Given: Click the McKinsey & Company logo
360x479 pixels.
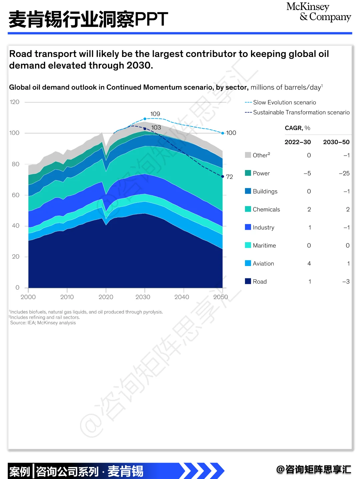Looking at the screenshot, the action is tap(319, 12).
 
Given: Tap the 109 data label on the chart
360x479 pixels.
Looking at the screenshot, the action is tap(155, 114).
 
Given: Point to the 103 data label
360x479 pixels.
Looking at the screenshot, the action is tap(156, 127).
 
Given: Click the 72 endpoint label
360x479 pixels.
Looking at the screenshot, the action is tap(229, 177).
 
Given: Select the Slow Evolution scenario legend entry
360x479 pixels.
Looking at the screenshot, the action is tap(280, 102).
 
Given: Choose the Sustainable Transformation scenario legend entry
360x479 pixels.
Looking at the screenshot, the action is tap(297, 112).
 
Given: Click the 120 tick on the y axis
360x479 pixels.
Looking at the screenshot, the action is tap(14, 102).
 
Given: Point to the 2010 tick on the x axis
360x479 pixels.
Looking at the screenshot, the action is tap(67, 297).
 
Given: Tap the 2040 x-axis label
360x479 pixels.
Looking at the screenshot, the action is tap(182, 297).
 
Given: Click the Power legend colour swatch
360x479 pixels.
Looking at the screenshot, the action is tap(248, 173).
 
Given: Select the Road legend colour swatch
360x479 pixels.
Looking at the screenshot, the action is tap(248, 281).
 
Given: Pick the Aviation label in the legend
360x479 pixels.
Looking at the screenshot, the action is tap(263, 264).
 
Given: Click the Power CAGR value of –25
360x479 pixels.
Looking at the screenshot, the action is tap(344, 173).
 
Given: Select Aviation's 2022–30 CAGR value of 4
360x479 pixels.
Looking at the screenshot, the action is tap(309, 264).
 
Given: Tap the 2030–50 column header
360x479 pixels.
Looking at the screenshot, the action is tap(336, 142).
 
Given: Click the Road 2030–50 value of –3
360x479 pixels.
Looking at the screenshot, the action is tap(346, 282).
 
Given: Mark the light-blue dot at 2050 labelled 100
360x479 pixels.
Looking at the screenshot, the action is tap(223, 133).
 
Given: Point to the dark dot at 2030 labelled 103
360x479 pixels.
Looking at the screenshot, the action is tap(145, 129).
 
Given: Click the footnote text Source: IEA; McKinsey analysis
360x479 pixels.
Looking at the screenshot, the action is tap(43, 323).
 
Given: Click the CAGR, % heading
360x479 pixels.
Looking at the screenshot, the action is tap(297, 128).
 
